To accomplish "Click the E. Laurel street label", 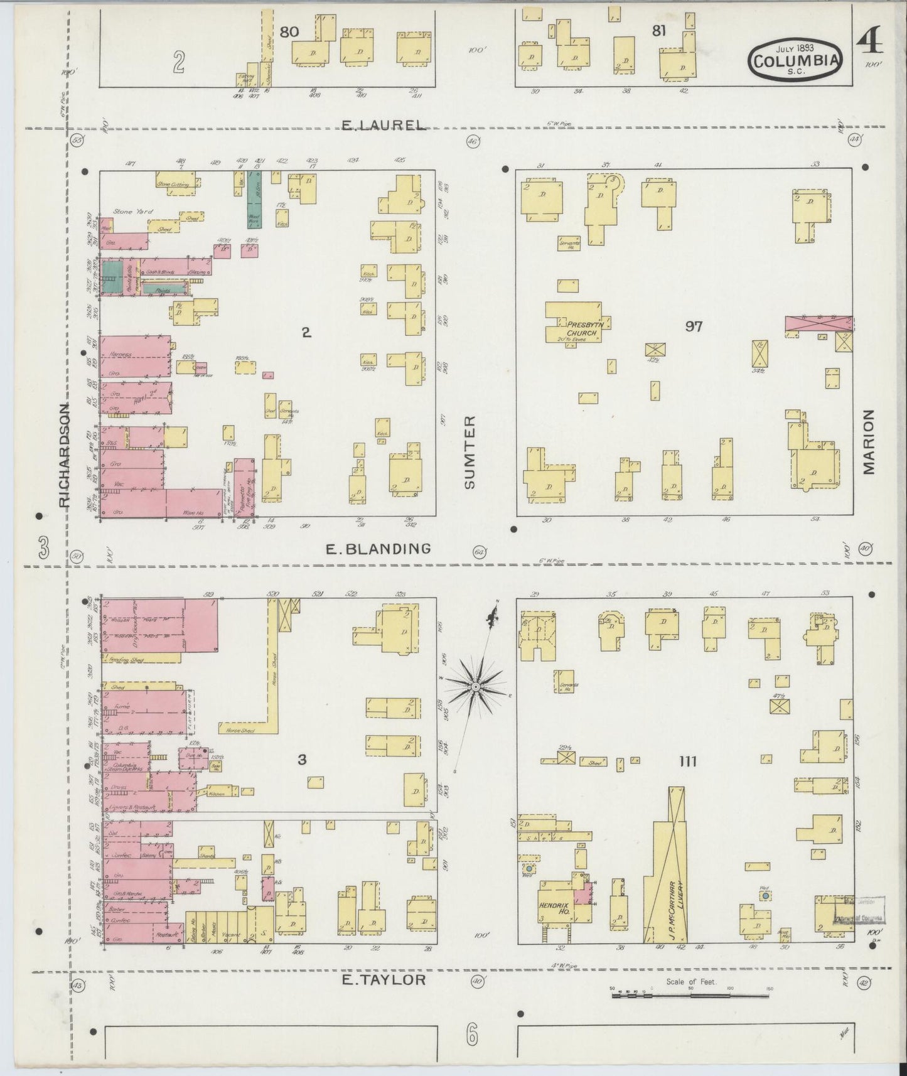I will (383, 125).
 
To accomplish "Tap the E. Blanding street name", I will (378, 549).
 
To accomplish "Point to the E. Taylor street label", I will (384, 980).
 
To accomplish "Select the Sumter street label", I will (470, 452).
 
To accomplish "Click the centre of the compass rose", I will (476, 687).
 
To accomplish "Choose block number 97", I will (694, 326).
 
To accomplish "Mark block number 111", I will (688, 761).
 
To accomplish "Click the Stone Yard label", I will (128, 212).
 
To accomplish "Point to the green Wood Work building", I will (254, 199).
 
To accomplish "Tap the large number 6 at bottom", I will (472, 1034).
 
